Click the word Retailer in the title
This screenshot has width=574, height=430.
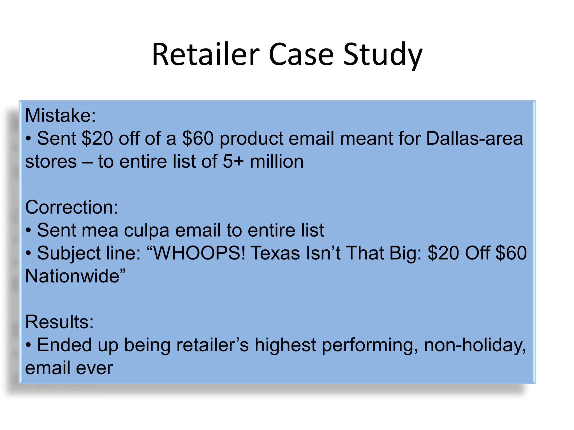(x=205, y=55)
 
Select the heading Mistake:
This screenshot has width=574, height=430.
(x=60, y=115)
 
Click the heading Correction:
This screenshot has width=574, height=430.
(x=71, y=207)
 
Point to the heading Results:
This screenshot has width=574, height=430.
(x=59, y=322)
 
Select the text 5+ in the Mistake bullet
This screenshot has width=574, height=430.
(x=233, y=162)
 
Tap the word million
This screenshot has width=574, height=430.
(x=277, y=162)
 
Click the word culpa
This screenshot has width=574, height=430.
(x=147, y=231)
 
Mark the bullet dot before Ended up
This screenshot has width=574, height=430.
(x=28, y=345)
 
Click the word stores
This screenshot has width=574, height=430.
(x=51, y=162)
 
